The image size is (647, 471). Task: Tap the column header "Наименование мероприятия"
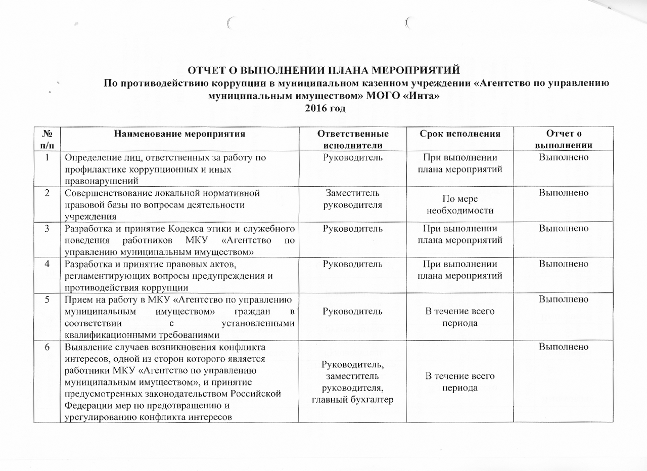pos(180,134)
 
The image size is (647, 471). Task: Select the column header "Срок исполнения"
pos(460,134)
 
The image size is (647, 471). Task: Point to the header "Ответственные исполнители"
pos(352,139)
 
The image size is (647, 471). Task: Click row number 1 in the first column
pos(47,158)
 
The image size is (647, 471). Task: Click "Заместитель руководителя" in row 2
pos(352,199)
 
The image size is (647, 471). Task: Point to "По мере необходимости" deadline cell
pos(459,205)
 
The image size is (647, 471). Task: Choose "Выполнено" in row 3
pos(563,229)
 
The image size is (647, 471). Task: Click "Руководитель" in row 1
pos(352,158)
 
